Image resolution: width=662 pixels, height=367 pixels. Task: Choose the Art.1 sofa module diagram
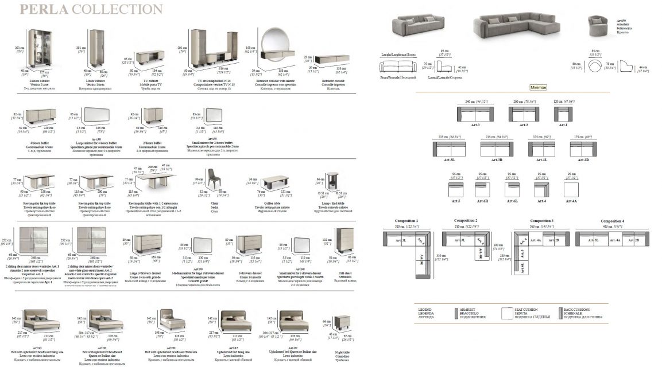(x=563, y=114)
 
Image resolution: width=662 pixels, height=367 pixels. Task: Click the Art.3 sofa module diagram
(x=474, y=114)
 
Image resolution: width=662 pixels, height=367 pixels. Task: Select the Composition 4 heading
(x=612, y=221)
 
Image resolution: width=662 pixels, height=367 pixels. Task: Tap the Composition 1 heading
(x=407, y=221)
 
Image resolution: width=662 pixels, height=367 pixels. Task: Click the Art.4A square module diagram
(x=571, y=190)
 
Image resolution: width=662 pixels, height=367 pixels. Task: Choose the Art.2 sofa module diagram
(x=524, y=114)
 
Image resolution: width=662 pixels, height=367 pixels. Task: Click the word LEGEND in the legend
(x=425, y=309)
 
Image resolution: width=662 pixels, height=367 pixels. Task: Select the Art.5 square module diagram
(x=456, y=190)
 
